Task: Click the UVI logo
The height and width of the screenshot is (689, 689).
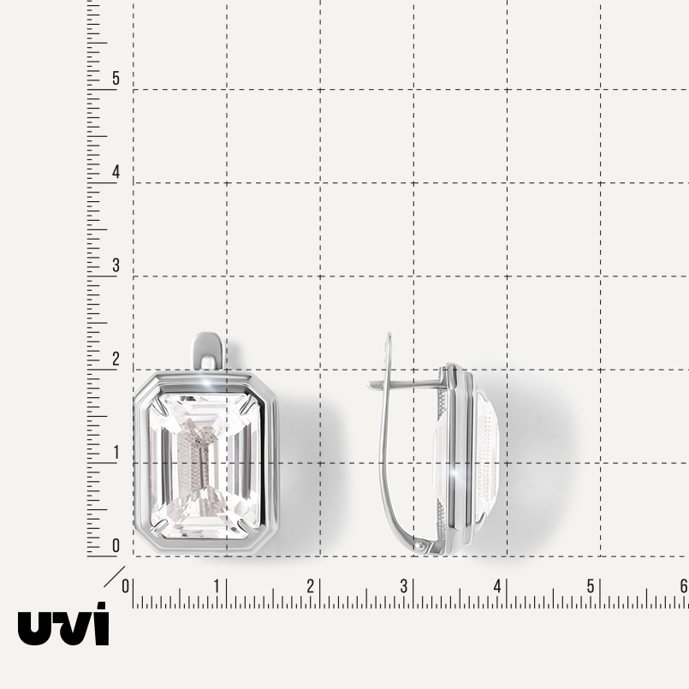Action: coord(63,624)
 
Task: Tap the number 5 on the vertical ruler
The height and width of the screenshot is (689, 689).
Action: coord(116,78)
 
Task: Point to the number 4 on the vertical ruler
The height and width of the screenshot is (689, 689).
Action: coord(116,172)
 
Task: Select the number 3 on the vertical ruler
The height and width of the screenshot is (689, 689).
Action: coord(116,265)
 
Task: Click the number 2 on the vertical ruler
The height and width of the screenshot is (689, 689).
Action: coord(116,359)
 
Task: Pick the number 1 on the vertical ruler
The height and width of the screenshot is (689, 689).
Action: coord(116,452)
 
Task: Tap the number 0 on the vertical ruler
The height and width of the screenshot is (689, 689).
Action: coord(116,545)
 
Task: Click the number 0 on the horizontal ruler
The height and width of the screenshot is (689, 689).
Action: coord(126,586)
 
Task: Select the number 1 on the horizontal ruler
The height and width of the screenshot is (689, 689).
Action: coord(217,586)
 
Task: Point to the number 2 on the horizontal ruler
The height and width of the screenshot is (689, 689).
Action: coord(310,586)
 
